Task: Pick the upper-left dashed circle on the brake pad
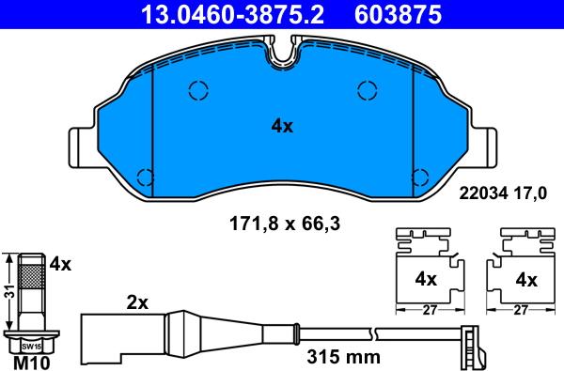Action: point(198,90)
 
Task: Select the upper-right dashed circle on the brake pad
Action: point(368,90)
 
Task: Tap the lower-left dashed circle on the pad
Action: point(146,176)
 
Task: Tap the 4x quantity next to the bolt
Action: point(60,265)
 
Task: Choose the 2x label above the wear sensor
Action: point(137,303)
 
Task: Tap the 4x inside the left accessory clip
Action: point(426,279)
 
